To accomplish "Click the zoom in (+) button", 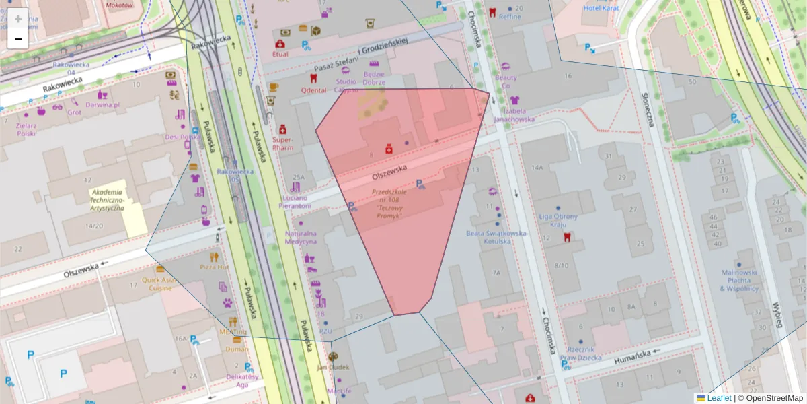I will coord(18,18).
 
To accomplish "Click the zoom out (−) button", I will coord(18,39).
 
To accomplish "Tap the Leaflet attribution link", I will coord(719,398).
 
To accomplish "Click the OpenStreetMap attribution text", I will coord(773,398).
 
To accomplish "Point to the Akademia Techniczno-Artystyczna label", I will coord(108,200).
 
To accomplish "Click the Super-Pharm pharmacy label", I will coord(283,143).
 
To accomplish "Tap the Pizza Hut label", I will coord(215,267).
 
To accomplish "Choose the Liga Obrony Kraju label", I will coord(558,220).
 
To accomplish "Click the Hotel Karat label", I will coord(601,8).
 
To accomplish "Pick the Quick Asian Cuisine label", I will coord(161,283).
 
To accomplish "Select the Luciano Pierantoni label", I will coord(294,202).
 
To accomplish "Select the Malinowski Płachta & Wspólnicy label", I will coord(739,280).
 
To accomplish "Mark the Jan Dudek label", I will coord(333,368).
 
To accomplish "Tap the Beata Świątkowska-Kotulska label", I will coord(498,237).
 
